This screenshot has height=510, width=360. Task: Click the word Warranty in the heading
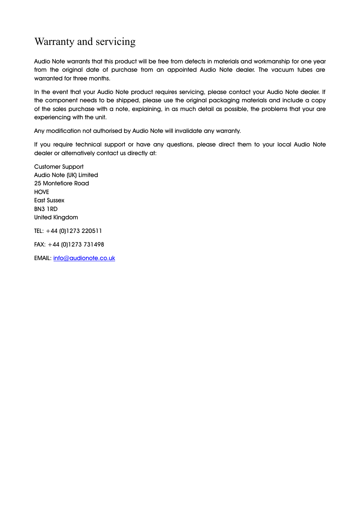(54, 42)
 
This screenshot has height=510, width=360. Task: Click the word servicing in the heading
(115, 42)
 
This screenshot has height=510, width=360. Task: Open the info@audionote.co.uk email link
(84, 258)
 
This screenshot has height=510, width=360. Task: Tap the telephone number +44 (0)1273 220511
(74, 231)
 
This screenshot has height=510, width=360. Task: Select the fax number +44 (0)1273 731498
(76, 245)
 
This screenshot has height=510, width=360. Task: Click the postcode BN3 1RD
(46, 209)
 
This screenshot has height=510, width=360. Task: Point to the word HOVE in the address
(42, 192)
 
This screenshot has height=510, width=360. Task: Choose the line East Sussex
(49, 200)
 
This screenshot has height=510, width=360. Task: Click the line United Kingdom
(56, 217)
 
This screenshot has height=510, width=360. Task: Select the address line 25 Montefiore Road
(62, 183)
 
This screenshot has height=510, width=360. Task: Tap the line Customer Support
(59, 167)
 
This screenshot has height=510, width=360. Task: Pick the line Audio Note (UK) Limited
(66, 175)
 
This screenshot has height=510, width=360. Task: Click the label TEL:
(39, 231)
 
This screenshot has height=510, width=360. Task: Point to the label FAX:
(40, 245)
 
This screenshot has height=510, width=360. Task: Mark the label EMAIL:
(43, 258)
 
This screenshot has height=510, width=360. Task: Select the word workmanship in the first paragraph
(272, 62)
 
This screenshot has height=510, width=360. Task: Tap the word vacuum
(282, 70)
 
